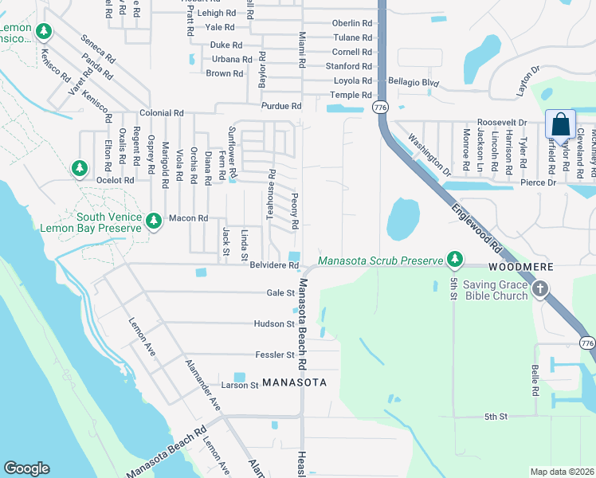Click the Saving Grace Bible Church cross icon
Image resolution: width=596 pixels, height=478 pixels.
[540, 289]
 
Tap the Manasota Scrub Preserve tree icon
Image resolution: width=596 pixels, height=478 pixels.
[454, 259]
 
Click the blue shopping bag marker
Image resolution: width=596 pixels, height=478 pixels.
[560, 126]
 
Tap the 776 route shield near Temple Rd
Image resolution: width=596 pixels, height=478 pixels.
[380, 107]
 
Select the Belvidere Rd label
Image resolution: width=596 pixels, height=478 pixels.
[273, 264]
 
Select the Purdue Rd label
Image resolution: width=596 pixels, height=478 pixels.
[281, 106]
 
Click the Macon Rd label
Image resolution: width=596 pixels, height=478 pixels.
[187, 218]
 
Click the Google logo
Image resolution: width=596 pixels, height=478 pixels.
[27, 468]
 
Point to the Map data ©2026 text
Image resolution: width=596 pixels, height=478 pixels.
[562, 472]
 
